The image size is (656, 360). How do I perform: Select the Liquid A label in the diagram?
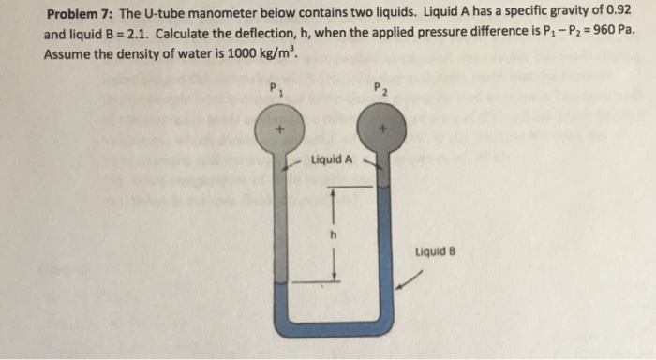click(333, 159)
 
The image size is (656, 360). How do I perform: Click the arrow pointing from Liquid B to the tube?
click(409, 280)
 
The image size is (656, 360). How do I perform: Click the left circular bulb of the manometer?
click(279, 129)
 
